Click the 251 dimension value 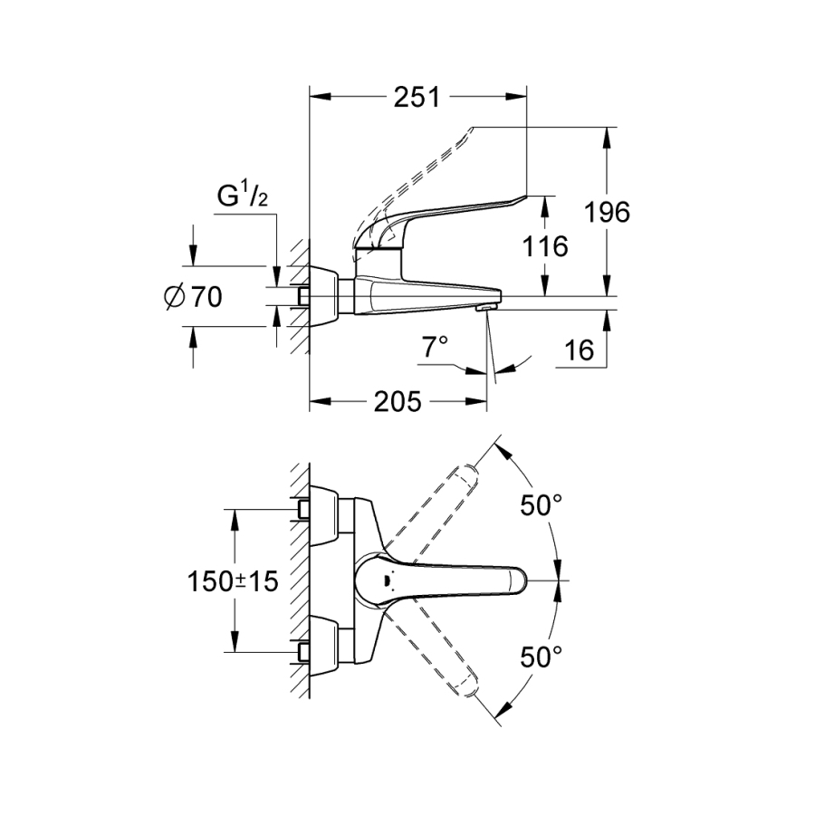point(417,97)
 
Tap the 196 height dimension point(606,212)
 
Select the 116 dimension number point(543,245)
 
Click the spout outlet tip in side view point(487,307)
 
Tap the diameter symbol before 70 point(177,296)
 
